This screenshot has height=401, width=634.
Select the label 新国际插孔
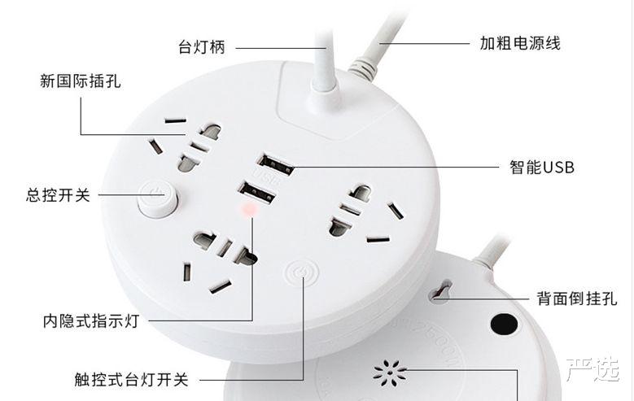[x=81, y=81]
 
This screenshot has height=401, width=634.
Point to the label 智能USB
[x=542, y=168]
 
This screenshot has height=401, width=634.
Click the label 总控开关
[x=58, y=195]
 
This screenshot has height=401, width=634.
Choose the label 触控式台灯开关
[x=130, y=379]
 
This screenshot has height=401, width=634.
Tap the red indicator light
[x=249, y=212]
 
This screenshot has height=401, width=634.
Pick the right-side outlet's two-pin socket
[x=353, y=207]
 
